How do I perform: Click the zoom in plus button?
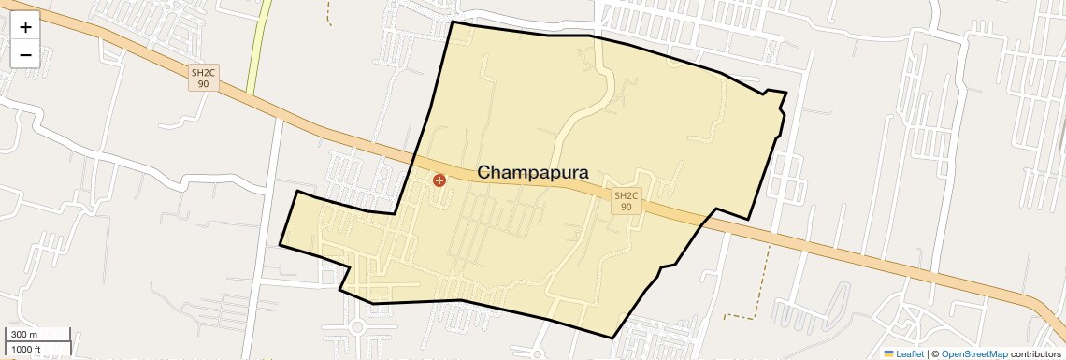(x=25, y=27)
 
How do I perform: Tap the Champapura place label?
(x=532, y=172)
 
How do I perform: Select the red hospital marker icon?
(x=439, y=180)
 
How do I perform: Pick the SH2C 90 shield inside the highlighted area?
(x=627, y=201)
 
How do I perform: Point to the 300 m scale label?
(x=24, y=335)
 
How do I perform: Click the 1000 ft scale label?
(x=27, y=350)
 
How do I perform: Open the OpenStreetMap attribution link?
(x=973, y=353)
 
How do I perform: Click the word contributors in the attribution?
(x=1035, y=353)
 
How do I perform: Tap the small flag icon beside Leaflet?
(x=888, y=353)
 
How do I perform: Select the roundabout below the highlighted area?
(x=357, y=326)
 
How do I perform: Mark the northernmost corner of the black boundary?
(x=453, y=22)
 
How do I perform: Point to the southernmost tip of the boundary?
(x=612, y=338)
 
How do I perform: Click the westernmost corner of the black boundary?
(x=280, y=245)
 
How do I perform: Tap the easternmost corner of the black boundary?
(x=786, y=93)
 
